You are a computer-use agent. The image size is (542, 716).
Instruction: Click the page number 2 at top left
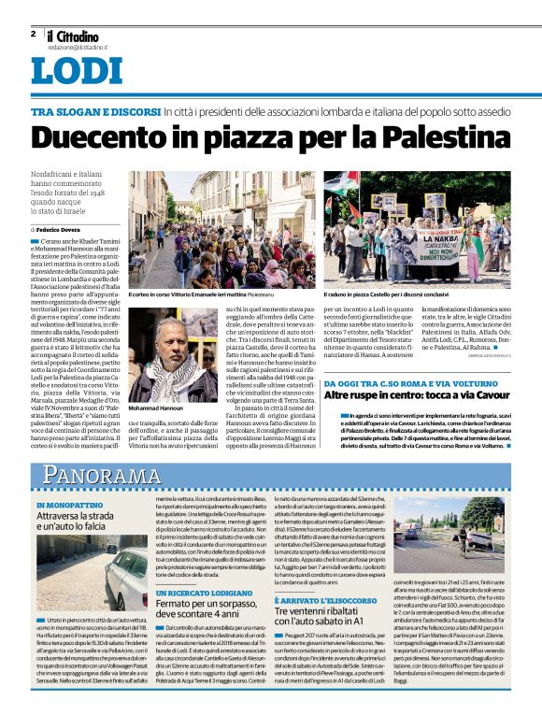33,34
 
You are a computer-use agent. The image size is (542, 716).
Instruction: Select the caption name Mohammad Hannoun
155,408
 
